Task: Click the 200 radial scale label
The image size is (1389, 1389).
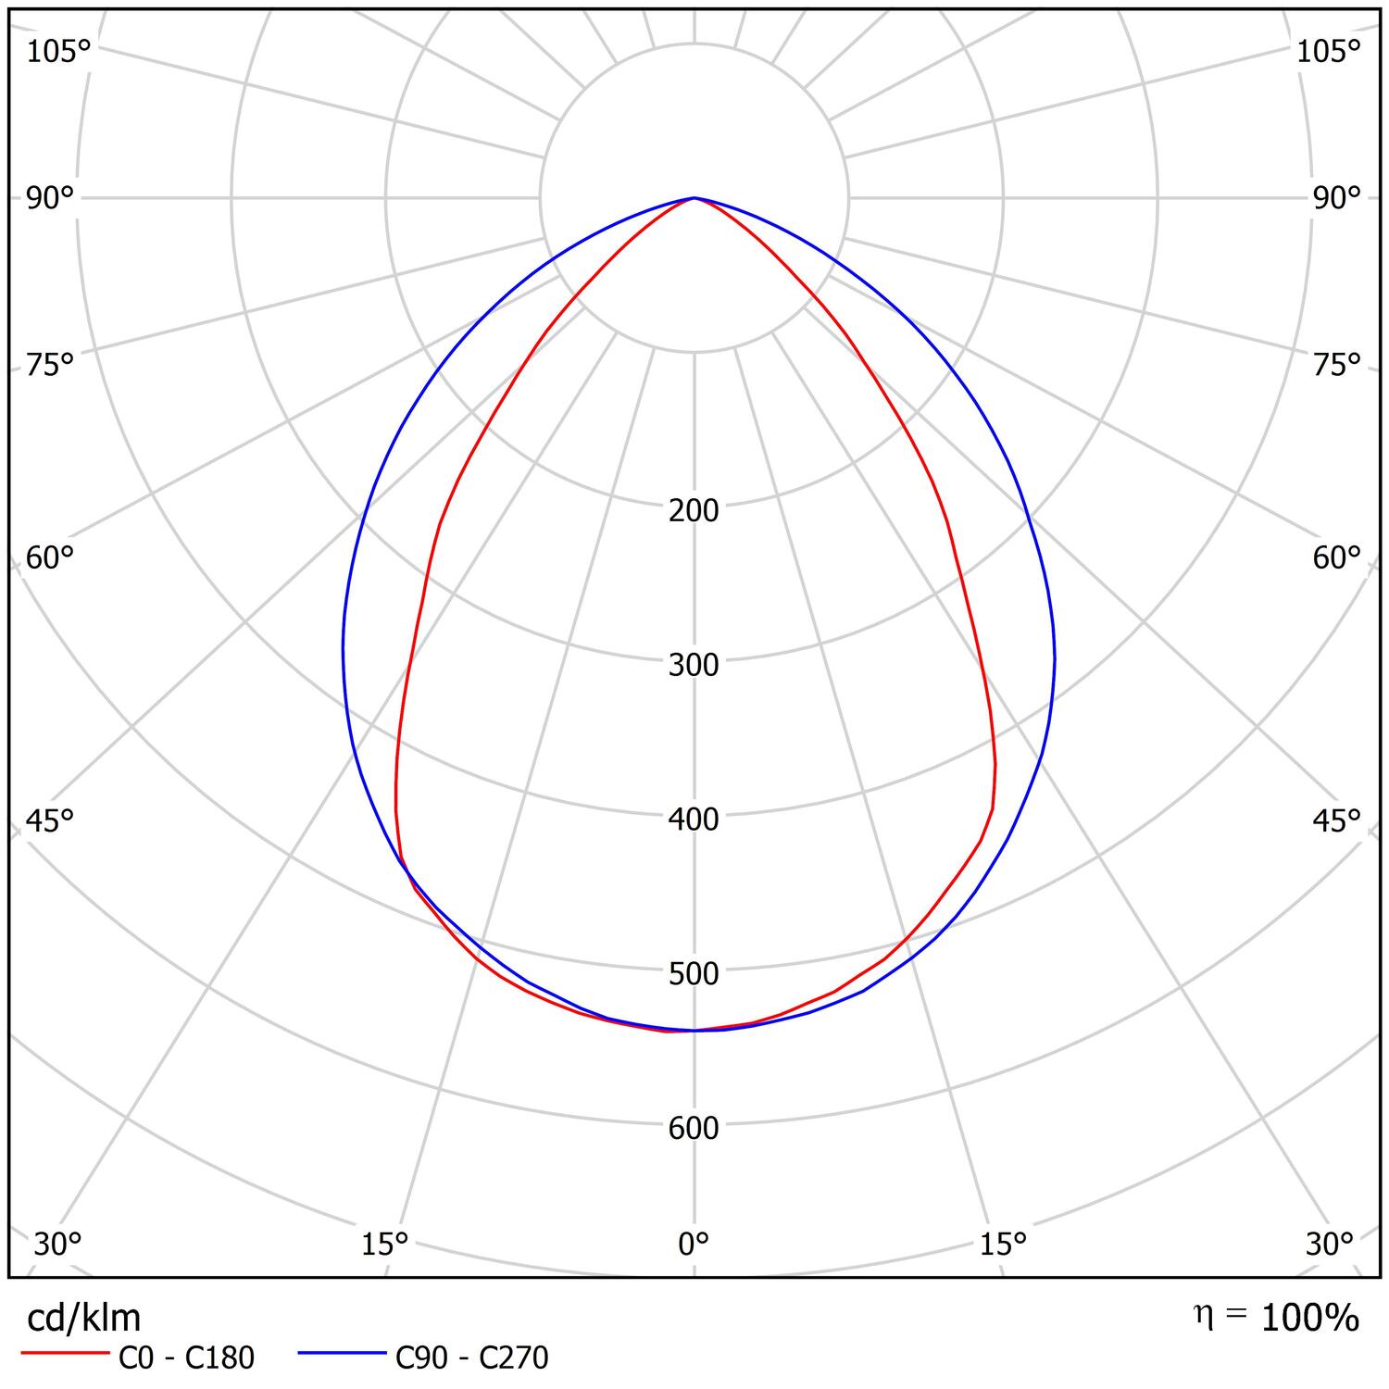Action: (x=694, y=510)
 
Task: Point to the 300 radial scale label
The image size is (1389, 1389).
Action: (x=694, y=665)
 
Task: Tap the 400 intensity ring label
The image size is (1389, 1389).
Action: (x=694, y=820)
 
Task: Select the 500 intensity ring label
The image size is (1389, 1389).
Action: (x=694, y=974)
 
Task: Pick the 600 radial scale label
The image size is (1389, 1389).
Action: (x=694, y=1128)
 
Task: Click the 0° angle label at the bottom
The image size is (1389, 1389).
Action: (x=694, y=1245)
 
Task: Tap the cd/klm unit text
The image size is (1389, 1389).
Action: (x=83, y=1317)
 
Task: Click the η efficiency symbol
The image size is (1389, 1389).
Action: (x=1202, y=1315)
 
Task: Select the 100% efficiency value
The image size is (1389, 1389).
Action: (x=1310, y=1318)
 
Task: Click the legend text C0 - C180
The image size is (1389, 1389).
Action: (x=186, y=1358)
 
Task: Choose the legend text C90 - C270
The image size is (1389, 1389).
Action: (x=472, y=1358)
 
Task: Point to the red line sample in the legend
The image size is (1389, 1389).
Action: (x=65, y=1354)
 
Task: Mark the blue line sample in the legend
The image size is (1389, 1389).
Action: (x=342, y=1354)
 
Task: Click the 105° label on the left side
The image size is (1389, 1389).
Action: (x=58, y=52)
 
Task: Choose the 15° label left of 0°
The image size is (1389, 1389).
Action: (x=385, y=1245)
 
